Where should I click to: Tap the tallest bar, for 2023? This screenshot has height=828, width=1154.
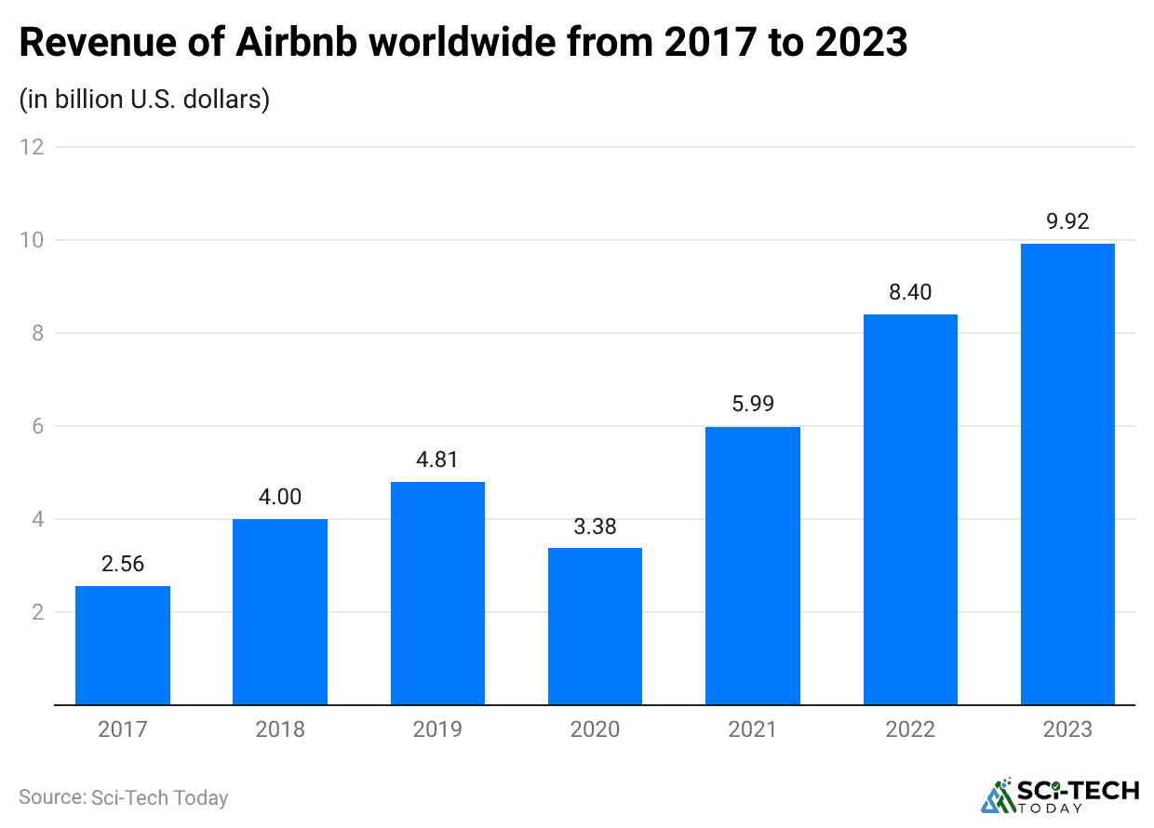(x=1067, y=474)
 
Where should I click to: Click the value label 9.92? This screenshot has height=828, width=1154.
(x=1067, y=222)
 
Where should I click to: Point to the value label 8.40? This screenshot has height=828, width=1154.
(x=910, y=293)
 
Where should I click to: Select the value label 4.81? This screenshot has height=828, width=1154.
(x=437, y=461)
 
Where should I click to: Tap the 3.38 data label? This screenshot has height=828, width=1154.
(x=595, y=528)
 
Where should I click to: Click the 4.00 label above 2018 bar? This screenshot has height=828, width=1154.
(x=280, y=498)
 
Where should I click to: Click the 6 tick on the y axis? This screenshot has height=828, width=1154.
(x=37, y=426)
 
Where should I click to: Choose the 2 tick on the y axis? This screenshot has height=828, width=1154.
(x=37, y=612)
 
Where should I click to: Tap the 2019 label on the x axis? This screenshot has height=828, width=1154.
(x=437, y=729)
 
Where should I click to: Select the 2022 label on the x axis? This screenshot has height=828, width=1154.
(x=910, y=729)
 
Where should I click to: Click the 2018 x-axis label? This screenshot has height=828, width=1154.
(x=280, y=729)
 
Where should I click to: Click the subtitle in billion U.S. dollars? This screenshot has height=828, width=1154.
(x=144, y=100)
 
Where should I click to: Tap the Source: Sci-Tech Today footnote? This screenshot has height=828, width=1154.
(x=123, y=797)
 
